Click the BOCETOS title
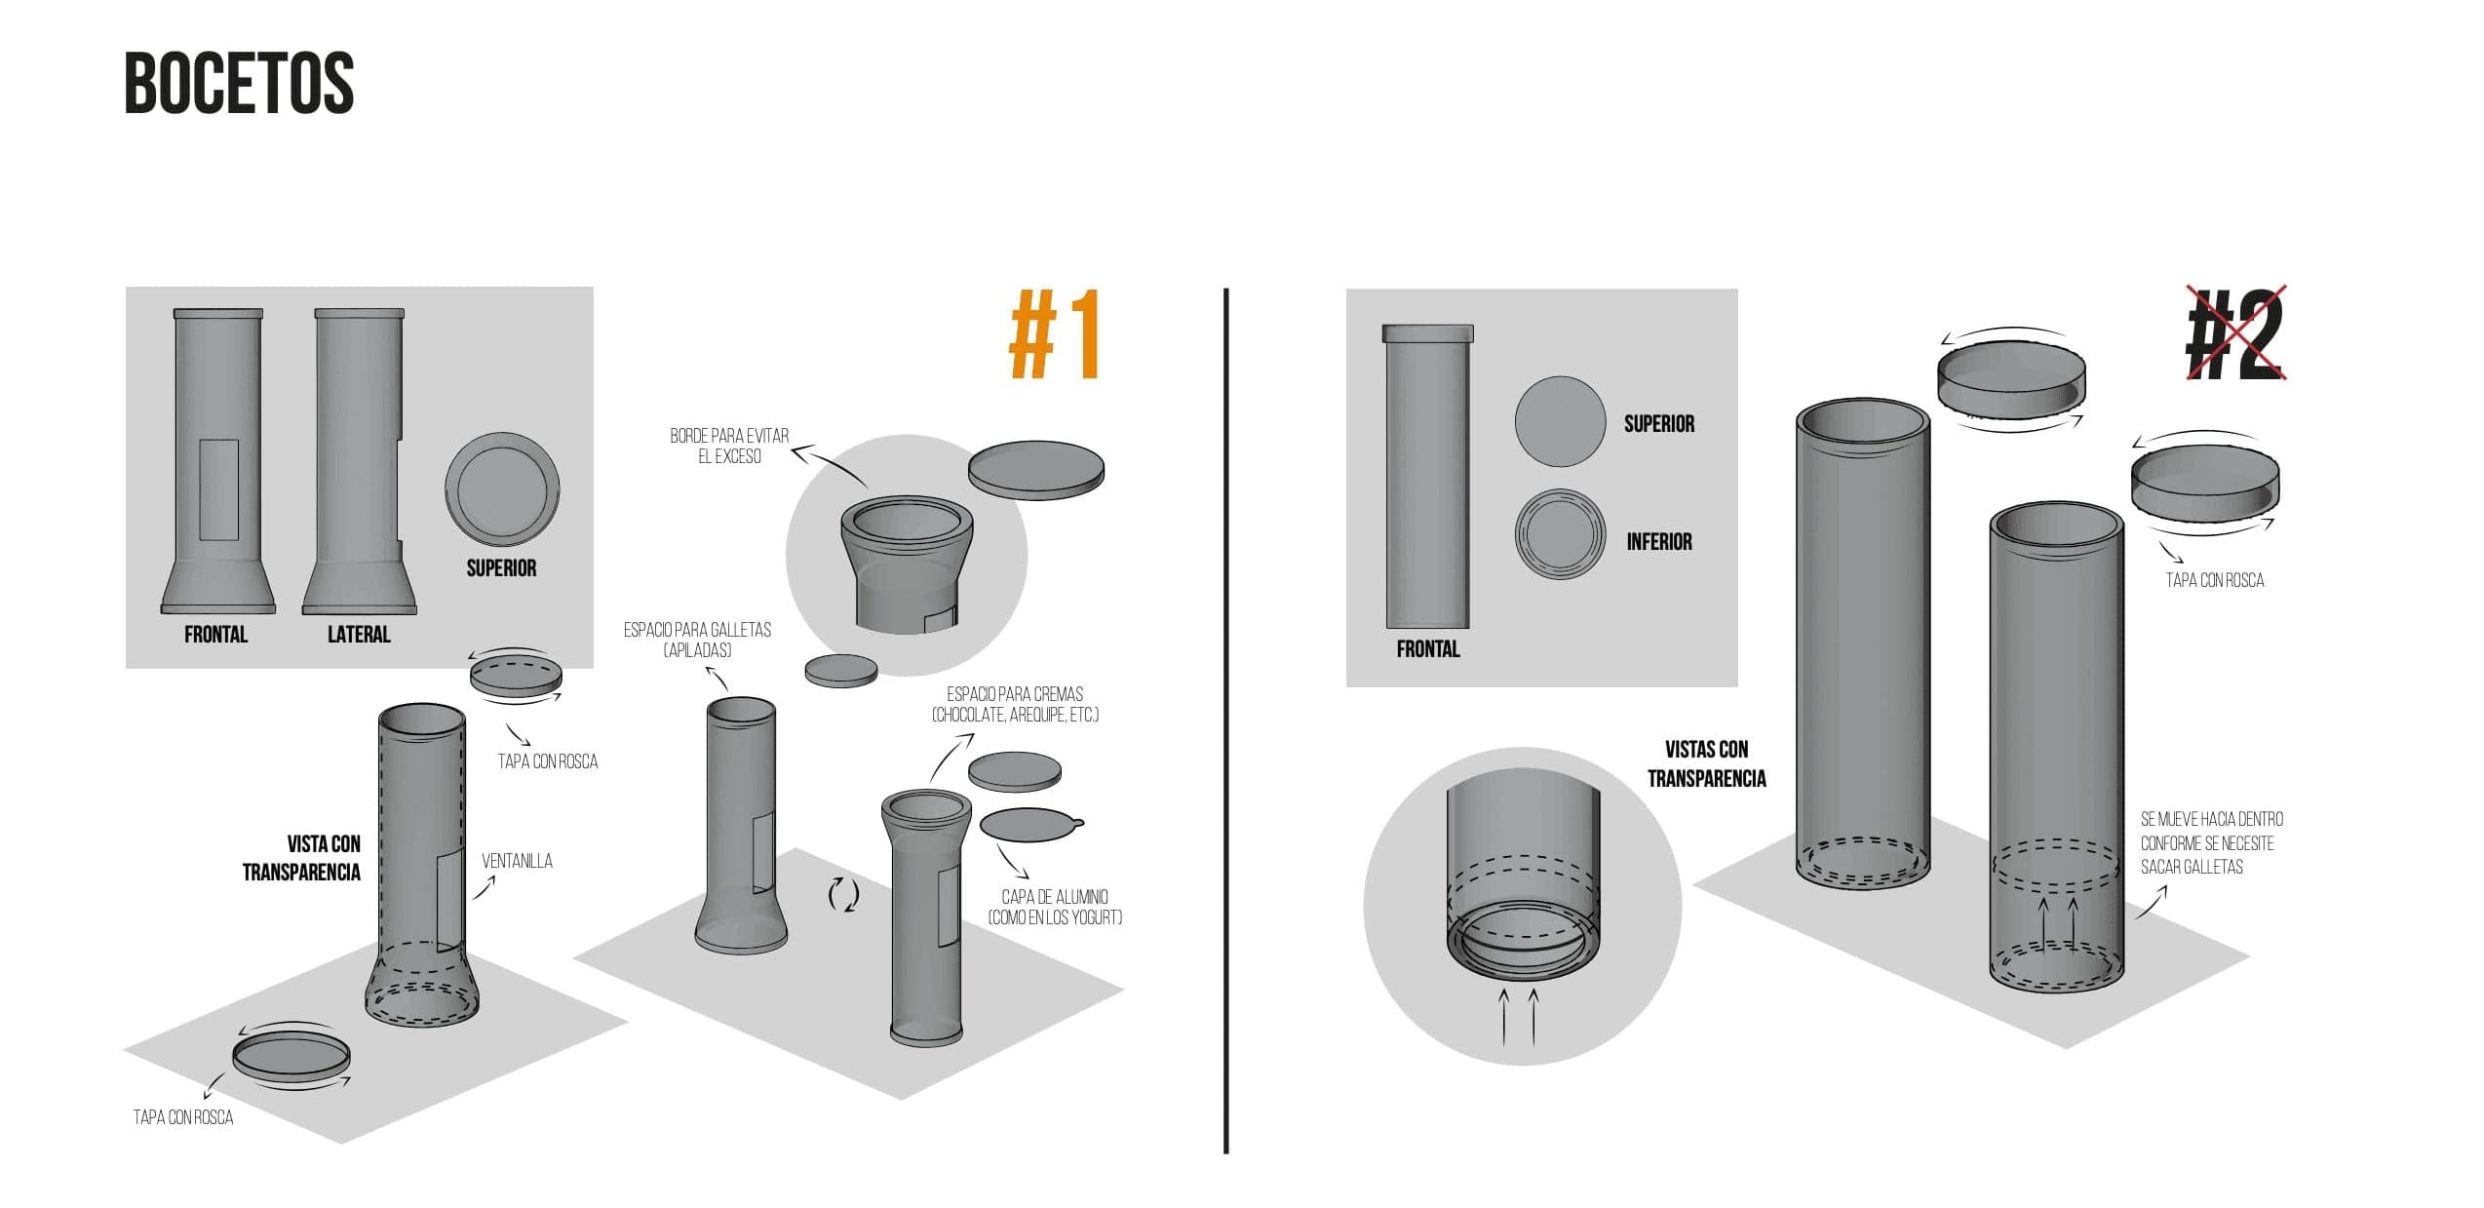point(239,84)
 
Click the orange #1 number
point(1056,334)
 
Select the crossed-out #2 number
point(2235,335)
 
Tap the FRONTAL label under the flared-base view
point(215,635)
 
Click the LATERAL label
point(359,635)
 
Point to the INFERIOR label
point(1658,542)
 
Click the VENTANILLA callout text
point(517,861)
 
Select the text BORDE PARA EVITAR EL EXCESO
point(729,447)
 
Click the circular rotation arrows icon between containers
point(843,894)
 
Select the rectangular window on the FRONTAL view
point(218,489)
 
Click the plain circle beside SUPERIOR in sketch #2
point(1560,422)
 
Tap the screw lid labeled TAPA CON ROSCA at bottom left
point(291,1057)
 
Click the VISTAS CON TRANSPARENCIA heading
point(1706,763)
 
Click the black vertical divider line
point(1225,721)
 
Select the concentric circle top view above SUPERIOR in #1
point(502,489)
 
